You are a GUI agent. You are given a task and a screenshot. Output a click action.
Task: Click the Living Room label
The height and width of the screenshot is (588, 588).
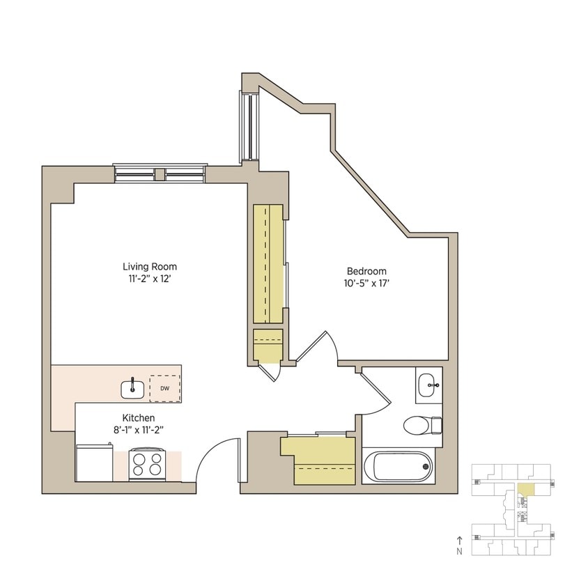(x=149, y=266)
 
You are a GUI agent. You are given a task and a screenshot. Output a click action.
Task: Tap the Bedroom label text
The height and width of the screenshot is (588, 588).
(x=366, y=271)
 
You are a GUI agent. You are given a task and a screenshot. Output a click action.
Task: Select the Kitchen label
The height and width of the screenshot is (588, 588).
(x=139, y=417)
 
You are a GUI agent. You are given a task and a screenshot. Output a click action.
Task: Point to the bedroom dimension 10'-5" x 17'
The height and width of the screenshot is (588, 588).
(x=367, y=284)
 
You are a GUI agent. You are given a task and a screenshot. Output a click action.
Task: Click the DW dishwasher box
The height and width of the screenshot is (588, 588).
(x=165, y=388)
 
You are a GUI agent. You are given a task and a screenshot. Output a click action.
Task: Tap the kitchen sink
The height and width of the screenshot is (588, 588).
(x=132, y=387)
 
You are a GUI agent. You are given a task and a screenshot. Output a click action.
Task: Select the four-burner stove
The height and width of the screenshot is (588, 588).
(x=147, y=465)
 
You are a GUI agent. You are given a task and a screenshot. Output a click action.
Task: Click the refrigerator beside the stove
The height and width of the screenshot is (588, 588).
(x=94, y=463)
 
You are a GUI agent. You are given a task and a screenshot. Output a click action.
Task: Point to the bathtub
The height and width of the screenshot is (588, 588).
(x=399, y=466)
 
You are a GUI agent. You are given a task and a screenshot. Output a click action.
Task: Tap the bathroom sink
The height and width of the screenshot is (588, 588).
(x=429, y=382)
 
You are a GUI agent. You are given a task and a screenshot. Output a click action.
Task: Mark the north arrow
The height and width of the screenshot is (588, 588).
(x=459, y=540)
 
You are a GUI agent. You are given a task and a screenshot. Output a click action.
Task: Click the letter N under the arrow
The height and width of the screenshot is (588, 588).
(x=459, y=551)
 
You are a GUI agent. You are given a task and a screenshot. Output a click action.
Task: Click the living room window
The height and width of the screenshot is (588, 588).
(x=160, y=172)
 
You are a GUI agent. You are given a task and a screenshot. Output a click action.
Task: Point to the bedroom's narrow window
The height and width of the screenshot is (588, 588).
(x=245, y=125)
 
